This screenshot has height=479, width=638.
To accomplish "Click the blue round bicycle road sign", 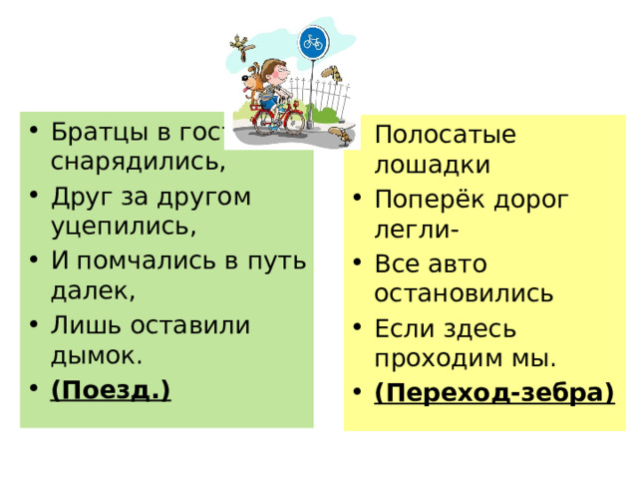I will [314, 42].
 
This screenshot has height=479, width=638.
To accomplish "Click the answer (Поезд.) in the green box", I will [111, 388].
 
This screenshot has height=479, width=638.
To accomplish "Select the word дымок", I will [97, 354].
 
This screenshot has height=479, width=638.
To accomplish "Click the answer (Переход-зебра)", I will [493, 392].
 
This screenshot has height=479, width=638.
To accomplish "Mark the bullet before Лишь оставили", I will [34, 325].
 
